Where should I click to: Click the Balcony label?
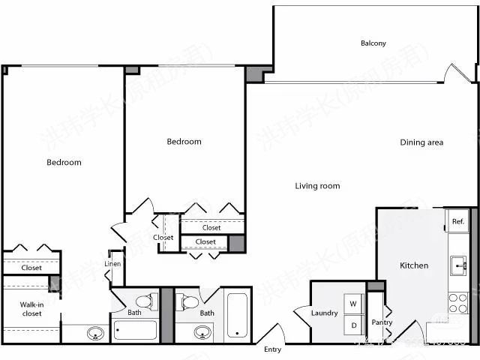point(373,43)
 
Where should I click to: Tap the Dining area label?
point(421,142)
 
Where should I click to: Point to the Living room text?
point(317,186)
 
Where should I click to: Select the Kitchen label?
point(413,265)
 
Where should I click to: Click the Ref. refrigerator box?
point(457,222)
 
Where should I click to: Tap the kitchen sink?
point(457,265)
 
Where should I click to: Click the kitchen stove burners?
point(457,302)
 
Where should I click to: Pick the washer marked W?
point(352,304)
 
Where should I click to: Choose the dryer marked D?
point(352,325)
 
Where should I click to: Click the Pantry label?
point(382,322)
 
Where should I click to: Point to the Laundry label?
point(324,313)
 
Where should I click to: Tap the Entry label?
point(272,349)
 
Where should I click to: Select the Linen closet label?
point(112,264)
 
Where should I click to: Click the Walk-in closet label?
point(31,308)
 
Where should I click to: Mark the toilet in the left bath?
point(149,301)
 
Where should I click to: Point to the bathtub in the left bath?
point(135,330)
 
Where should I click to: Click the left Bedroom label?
point(64,162)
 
